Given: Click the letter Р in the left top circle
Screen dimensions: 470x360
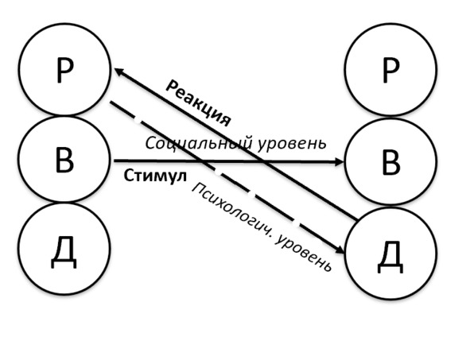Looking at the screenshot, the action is [x=64, y=69].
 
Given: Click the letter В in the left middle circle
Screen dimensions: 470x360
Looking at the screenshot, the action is [x=64, y=160].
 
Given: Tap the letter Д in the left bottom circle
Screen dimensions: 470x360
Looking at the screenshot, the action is [x=64, y=253].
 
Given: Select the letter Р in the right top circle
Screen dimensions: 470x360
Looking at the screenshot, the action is [x=390, y=70].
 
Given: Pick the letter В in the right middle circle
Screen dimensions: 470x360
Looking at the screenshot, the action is [x=390, y=162].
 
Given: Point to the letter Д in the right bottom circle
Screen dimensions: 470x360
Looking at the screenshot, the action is [x=390, y=257].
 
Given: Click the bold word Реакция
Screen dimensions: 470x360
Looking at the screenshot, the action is [x=199, y=103].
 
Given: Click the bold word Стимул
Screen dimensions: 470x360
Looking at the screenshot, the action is [x=155, y=176].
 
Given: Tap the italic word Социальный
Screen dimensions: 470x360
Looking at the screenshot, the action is [x=198, y=143].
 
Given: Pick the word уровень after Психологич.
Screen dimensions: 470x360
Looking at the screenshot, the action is [x=304, y=253].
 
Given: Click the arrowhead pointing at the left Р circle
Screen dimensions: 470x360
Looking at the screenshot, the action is [x=118, y=72].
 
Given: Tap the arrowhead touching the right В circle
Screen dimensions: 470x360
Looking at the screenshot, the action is [x=339, y=162].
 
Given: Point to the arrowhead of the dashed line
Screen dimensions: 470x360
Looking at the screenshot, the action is [x=340, y=250].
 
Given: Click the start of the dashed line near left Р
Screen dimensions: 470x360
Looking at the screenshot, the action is [x=111, y=103].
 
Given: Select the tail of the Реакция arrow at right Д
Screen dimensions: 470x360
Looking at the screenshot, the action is [x=357, y=220].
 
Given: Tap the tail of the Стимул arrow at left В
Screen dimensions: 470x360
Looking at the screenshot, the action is [x=115, y=161].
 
